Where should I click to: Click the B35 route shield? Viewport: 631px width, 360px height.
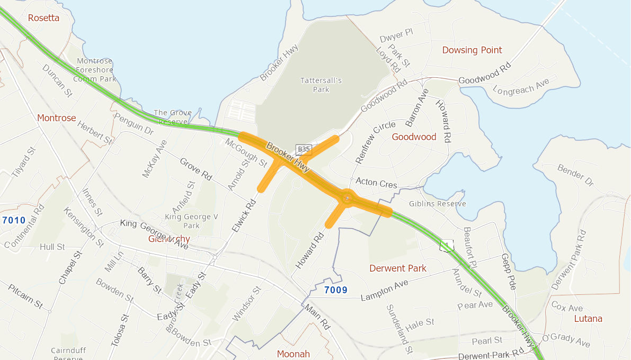304,149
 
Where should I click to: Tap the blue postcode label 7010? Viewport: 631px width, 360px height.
14,220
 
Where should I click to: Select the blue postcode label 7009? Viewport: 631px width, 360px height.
335,290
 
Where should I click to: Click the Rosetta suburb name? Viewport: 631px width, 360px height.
44,18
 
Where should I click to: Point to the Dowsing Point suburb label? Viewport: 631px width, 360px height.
472,50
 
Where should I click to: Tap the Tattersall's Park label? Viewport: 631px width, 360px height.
321,85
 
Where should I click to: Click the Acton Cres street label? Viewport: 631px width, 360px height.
376,182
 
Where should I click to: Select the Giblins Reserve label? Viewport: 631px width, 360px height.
438,204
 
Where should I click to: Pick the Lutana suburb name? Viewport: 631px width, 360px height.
588,319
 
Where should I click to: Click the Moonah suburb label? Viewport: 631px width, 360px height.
294,354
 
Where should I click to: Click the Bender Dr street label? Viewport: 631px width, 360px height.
576,175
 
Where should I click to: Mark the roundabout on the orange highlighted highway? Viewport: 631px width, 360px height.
347,198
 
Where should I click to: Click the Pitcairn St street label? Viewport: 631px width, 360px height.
25,296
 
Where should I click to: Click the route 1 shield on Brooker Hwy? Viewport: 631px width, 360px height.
447,245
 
